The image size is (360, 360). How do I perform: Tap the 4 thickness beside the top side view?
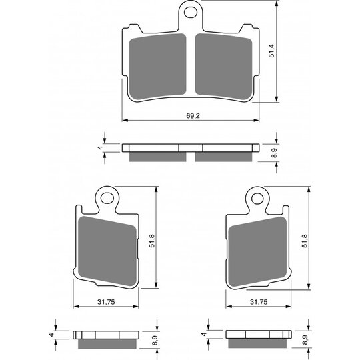click(99, 147)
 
